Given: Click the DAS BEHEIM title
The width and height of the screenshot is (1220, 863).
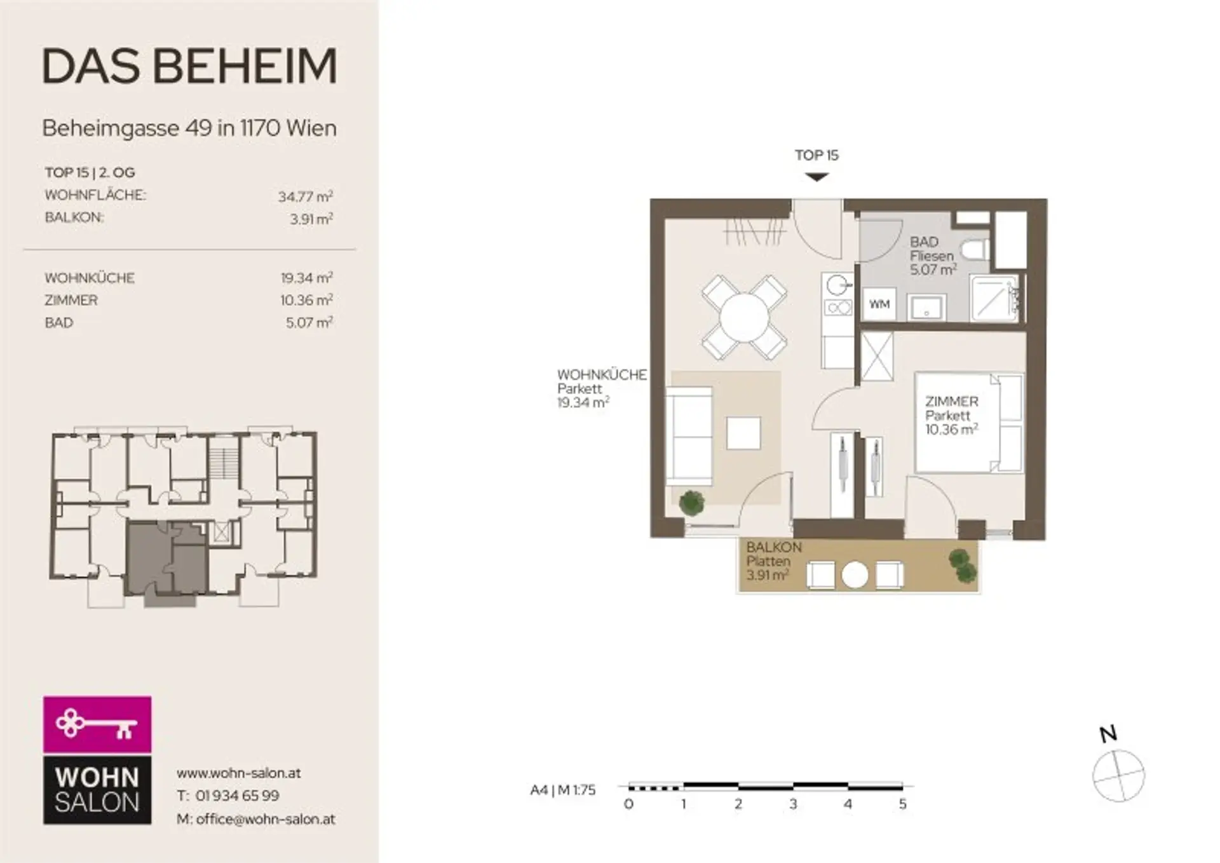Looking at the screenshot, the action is click(x=189, y=66).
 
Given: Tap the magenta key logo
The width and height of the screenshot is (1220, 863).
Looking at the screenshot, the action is click(x=97, y=724).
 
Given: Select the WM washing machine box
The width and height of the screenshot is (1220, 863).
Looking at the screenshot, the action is click(x=879, y=304).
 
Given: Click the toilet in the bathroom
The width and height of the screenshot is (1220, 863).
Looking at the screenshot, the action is click(x=975, y=249).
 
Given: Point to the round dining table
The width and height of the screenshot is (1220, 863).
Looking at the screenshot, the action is click(x=744, y=317).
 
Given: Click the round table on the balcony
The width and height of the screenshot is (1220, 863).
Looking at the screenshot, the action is click(x=855, y=575).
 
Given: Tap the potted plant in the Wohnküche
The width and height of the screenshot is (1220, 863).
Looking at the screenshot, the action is click(x=692, y=503).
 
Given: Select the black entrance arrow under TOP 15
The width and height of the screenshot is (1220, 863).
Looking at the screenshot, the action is click(x=817, y=177).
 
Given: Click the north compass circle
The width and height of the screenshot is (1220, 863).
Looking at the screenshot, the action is click(x=1118, y=775).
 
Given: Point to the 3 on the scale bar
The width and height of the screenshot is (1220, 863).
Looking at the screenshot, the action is click(x=793, y=804).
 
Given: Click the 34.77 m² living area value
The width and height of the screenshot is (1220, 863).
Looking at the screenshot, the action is click(x=306, y=196).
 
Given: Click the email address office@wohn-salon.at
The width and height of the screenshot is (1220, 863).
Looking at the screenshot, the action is click(x=266, y=819).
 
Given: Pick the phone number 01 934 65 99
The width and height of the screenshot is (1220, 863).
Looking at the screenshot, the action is click(x=237, y=796).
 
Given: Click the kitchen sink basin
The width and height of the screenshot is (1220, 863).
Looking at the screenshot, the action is click(x=839, y=284).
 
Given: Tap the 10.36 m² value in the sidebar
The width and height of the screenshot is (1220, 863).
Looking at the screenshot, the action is click(x=307, y=299).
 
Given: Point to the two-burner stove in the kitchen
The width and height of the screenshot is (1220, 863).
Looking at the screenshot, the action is click(x=839, y=309).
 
